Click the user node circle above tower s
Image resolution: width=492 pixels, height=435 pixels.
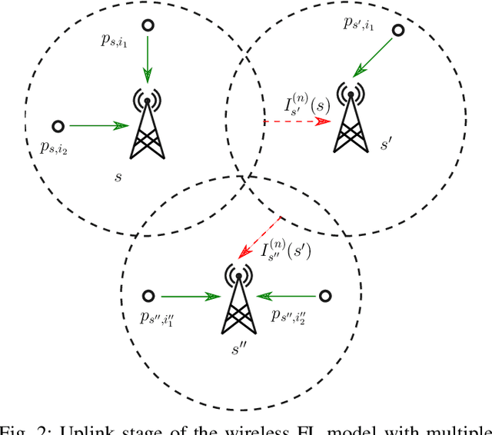(x=148, y=25)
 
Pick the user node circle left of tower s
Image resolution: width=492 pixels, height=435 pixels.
(x=57, y=125)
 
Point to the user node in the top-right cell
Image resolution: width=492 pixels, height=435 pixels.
(x=398, y=31)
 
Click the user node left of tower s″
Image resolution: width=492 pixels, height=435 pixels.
(x=147, y=295)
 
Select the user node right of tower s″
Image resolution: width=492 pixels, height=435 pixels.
(x=325, y=295)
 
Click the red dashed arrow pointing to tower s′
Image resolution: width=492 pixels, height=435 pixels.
(x=297, y=121)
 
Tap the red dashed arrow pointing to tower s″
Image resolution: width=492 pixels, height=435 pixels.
(x=261, y=235)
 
